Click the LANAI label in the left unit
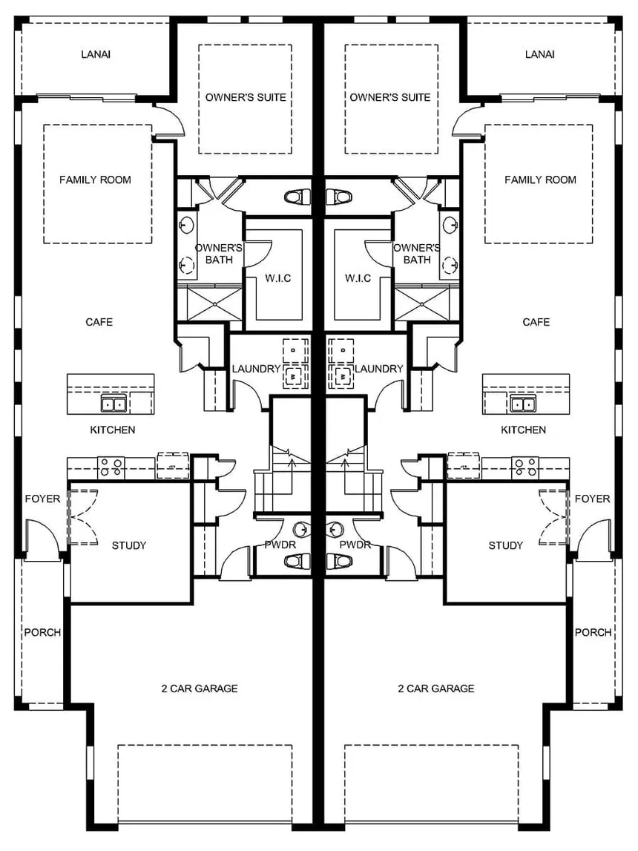[95, 54]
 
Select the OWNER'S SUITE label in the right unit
[389, 97]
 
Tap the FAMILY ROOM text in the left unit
[95, 180]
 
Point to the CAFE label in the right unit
[536, 322]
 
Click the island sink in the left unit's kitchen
[113, 404]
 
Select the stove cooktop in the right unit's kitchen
[526, 467]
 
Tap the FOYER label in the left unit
[42, 499]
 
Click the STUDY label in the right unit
[505, 545]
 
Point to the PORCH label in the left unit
[42, 632]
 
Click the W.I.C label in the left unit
[278, 278]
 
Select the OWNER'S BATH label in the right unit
[417, 254]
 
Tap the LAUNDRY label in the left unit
[256, 369]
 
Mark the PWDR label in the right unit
[355, 545]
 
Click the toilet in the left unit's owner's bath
[296, 197]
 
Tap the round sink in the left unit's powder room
[301, 529]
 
